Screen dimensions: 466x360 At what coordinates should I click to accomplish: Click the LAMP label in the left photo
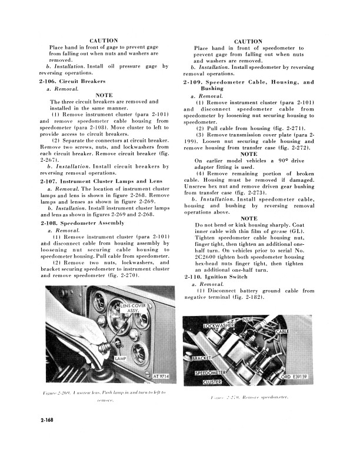(120, 358)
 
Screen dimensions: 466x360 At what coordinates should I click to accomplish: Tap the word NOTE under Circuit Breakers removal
(104, 95)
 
